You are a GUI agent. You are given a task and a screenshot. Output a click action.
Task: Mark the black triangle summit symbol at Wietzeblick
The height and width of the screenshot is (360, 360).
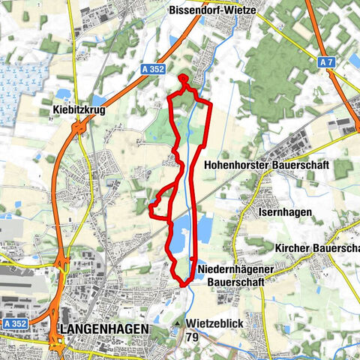pos(178,324)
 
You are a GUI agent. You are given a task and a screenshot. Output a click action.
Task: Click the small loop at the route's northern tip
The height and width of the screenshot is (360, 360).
pos(184,78)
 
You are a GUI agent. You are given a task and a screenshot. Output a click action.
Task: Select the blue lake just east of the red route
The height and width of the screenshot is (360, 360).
pos(205,224)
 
